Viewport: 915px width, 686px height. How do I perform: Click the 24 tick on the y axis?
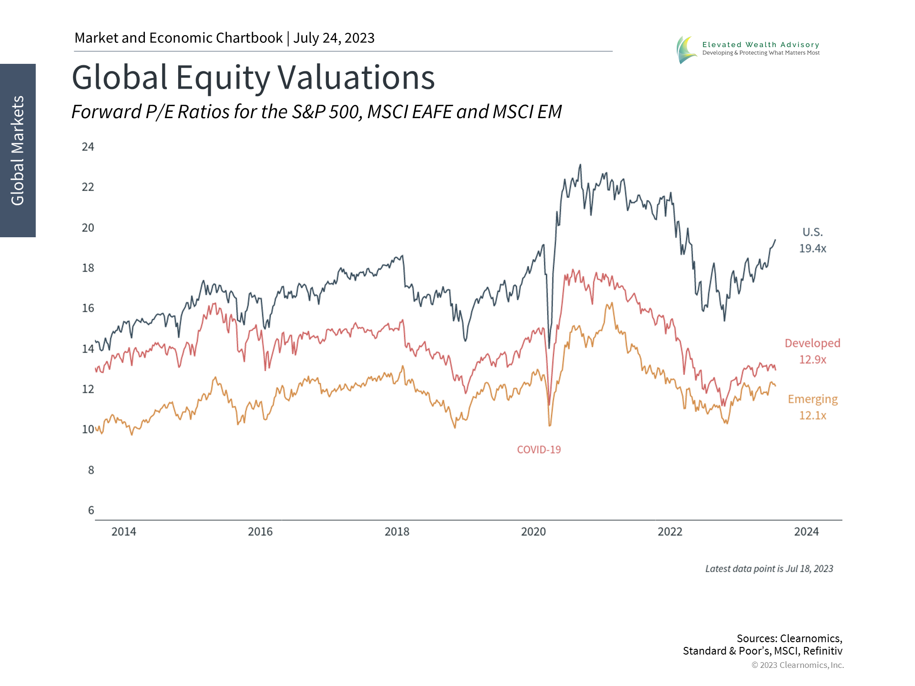click(x=88, y=147)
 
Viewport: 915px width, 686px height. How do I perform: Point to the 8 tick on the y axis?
click(x=91, y=470)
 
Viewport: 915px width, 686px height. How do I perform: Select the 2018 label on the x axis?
click(x=397, y=532)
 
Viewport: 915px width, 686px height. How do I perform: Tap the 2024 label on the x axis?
click(x=806, y=532)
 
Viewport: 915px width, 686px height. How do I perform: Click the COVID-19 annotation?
click(x=539, y=450)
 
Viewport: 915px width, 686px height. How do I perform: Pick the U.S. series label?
click(x=813, y=232)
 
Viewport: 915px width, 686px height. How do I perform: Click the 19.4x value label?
click(x=813, y=249)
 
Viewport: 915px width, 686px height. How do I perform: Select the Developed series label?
click(x=813, y=343)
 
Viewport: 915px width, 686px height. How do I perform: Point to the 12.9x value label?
click(x=813, y=360)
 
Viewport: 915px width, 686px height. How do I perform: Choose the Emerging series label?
click(x=813, y=399)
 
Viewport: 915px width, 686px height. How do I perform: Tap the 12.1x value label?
click(x=813, y=415)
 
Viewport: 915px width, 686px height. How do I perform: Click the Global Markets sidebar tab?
click(x=18, y=151)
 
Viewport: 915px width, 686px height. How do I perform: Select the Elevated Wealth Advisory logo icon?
click(x=686, y=50)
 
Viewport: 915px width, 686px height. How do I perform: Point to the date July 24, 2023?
click(x=334, y=38)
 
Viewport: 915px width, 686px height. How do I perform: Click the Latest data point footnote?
click(x=769, y=569)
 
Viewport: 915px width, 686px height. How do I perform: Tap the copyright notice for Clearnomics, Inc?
click(x=797, y=665)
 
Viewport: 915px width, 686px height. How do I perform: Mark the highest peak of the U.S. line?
click(x=580, y=165)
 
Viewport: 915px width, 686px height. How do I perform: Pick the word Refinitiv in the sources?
click(x=823, y=651)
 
